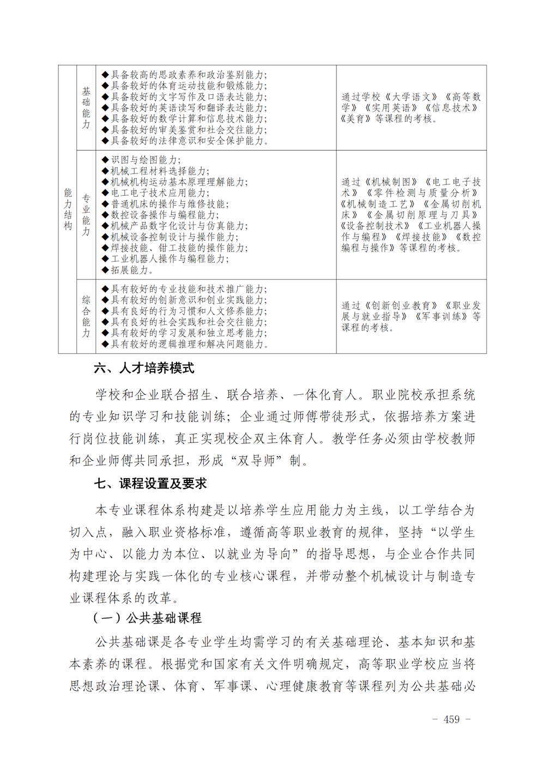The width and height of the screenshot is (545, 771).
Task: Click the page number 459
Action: point(452,719)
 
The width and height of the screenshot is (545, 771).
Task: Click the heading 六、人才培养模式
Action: point(144,369)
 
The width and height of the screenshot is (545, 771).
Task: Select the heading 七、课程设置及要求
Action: point(150,484)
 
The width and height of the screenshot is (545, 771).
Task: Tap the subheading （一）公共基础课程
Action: point(147,618)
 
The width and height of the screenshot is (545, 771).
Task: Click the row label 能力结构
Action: point(68,209)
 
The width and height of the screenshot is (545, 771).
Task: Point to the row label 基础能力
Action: point(86,108)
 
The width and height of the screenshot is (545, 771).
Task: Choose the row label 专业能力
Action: point(86,215)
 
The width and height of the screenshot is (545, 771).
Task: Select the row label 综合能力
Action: point(86,316)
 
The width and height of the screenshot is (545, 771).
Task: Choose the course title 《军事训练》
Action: point(441,317)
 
